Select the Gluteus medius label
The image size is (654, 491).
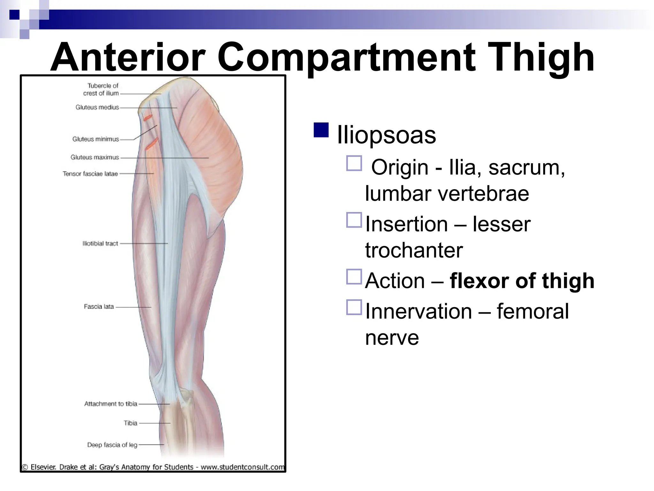tap(97, 107)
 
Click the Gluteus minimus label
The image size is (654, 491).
tap(95, 139)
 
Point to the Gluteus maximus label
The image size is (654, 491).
tap(95, 157)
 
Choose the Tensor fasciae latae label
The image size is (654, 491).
tap(90, 174)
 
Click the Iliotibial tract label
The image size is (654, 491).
tap(100, 244)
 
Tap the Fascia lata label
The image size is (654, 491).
tap(99, 307)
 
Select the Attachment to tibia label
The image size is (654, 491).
tap(110, 404)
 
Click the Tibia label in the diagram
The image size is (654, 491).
tap(130, 423)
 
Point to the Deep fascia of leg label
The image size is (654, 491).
tap(112, 445)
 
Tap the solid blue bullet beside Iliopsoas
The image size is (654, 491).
tap(321, 130)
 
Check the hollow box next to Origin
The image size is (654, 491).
tap(354, 163)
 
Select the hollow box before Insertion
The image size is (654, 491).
tap(354, 220)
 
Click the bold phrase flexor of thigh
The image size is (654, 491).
tap(522, 281)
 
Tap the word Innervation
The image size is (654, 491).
tap(418, 311)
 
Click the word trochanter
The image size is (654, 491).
tap(414, 250)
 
